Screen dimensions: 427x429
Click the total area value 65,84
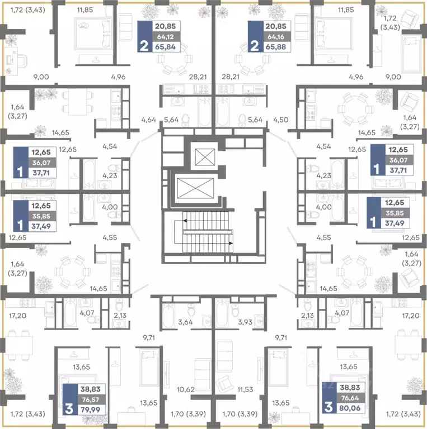point(165,47)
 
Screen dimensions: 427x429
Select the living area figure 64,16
point(276,37)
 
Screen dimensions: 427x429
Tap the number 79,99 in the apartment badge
point(91,409)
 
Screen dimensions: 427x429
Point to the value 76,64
point(350,398)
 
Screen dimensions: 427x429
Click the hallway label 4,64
point(148,120)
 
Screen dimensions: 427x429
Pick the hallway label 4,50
point(280,120)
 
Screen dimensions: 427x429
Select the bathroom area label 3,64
point(185,322)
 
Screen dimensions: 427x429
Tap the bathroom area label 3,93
point(245,322)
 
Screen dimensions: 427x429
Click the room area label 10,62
point(186,389)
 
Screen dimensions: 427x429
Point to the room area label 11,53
point(245,389)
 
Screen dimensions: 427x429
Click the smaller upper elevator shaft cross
point(205,157)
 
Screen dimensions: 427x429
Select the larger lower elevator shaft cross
point(195,188)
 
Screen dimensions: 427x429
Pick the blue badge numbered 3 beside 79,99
point(70,399)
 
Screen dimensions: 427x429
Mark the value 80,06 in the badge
point(350,408)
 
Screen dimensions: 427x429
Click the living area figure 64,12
point(165,37)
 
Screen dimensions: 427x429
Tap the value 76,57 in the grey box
point(91,399)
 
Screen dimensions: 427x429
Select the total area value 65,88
point(276,47)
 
